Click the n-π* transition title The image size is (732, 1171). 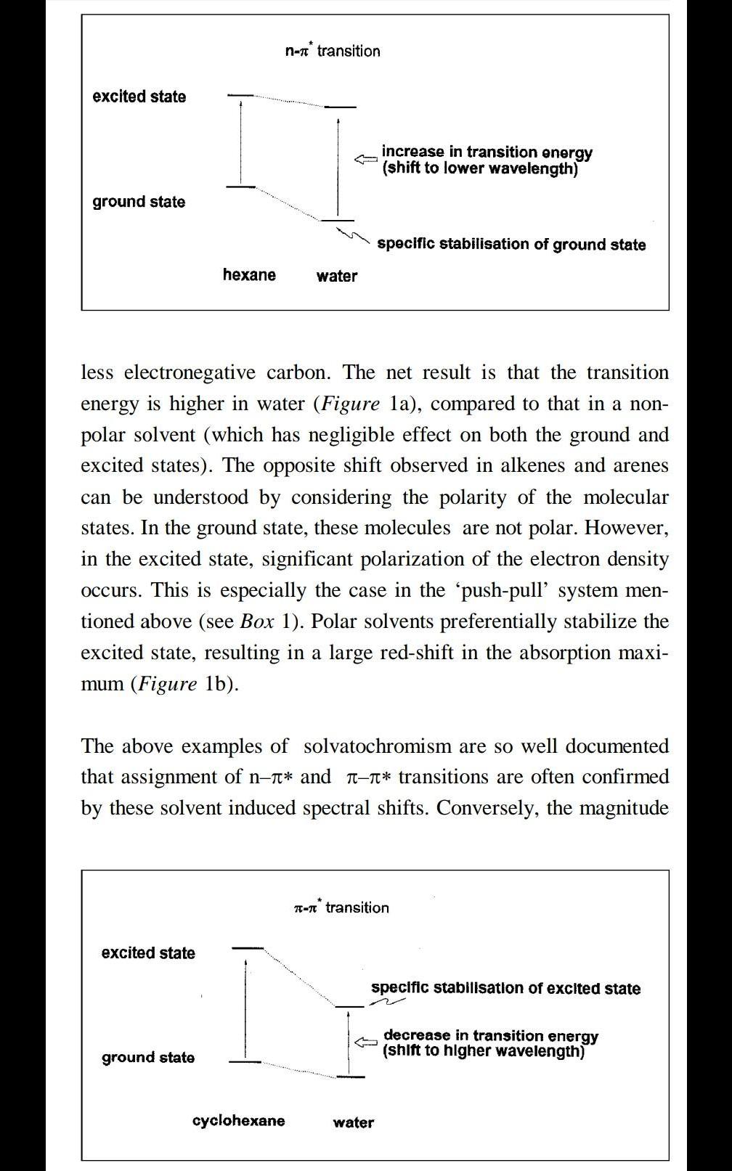tap(333, 51)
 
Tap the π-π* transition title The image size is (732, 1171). tap(341, 907)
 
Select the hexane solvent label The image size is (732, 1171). tap(249, 275)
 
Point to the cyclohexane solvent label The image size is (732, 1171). tap(238, 1120)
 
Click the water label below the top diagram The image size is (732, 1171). tap(337, 276)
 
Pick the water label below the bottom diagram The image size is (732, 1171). tap(354, 1122)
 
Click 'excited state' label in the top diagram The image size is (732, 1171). tap(139, 97)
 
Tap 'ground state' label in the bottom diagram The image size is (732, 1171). tap(148, 1058)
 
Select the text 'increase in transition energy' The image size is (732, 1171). tap(487, 152)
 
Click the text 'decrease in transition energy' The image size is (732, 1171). tap(491, 1035)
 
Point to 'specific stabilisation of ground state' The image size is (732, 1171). tap(511, 245)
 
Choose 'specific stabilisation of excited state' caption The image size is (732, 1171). tap(505, 988)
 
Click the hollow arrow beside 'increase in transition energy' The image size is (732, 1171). tap(366, 158)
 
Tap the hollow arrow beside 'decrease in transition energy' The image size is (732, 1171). tap(366, 1042)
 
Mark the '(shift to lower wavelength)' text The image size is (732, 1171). tap(480, 169)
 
